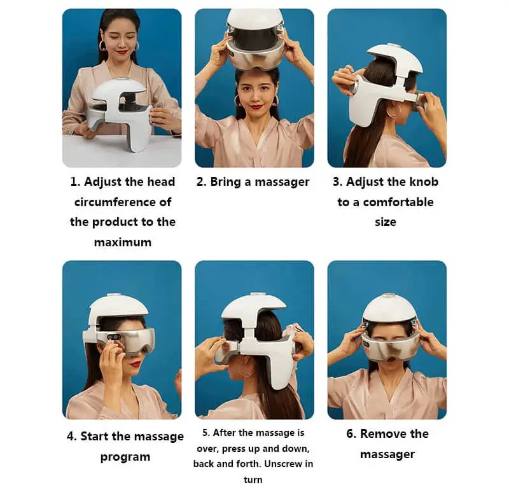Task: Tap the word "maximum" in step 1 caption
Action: [123, 242]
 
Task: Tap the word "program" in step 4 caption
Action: [125, 457]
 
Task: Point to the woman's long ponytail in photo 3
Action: [370, 127]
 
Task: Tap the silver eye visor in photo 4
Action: [121, 340]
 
